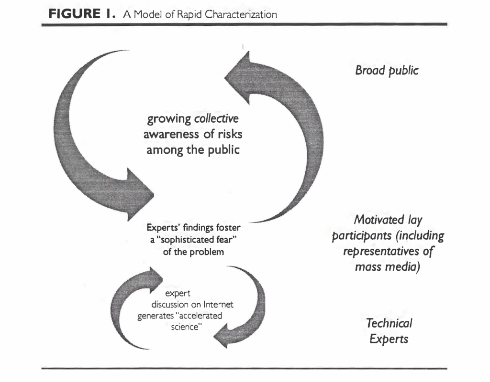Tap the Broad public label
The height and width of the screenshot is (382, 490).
(x=387, y=71)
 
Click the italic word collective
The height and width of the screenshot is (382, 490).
(x=216, y=118)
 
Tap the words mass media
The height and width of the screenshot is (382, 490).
(x=388, y=266)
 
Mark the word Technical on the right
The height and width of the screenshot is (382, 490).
(x=389, y=323)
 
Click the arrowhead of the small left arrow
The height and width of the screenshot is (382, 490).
(x=152, y=277)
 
